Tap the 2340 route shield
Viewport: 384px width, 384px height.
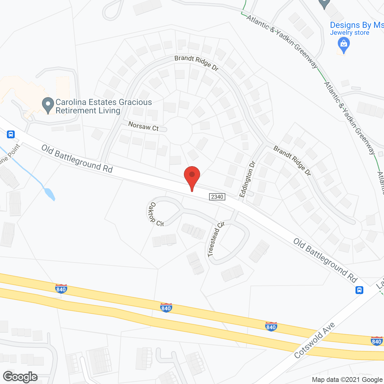(217, 197)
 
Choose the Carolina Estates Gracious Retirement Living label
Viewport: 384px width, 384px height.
(103, 106)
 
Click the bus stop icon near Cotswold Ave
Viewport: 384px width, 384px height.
(359, 290)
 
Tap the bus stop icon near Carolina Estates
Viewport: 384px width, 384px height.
(11, 134)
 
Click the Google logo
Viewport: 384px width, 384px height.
(20, 377)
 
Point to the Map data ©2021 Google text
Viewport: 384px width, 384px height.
(347, 380)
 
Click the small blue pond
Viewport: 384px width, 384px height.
(49, 194)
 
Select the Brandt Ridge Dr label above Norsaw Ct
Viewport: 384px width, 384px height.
(196, 62)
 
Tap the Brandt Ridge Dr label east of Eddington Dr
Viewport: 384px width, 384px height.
(292, 161)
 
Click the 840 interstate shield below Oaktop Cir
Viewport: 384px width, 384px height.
(166, 307)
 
